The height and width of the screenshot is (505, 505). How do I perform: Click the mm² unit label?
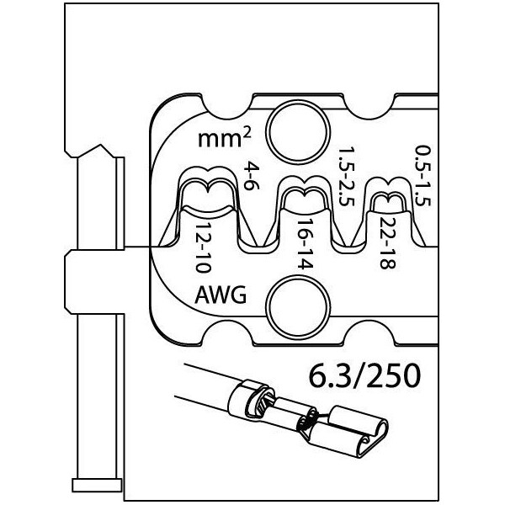coord(224,139)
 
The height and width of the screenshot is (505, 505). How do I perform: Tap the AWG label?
coord(221,295)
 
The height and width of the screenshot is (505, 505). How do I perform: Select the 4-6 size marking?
coord(252,176)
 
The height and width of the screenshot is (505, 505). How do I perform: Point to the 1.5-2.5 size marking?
coord(347,177)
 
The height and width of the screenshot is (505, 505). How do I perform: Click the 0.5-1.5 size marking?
coord(423,176)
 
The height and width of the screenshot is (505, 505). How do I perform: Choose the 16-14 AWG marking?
coord(305,245)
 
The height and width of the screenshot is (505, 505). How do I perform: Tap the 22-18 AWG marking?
coord(387,243)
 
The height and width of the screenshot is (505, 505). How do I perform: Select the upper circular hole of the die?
coord(298,131)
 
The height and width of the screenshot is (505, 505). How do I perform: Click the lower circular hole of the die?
coord(298,307)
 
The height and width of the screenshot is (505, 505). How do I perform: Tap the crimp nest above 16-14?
coord(305,194)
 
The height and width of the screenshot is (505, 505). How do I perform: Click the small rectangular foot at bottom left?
coord(97,486)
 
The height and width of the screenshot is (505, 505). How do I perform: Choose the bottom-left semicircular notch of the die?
coord(228,333)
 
